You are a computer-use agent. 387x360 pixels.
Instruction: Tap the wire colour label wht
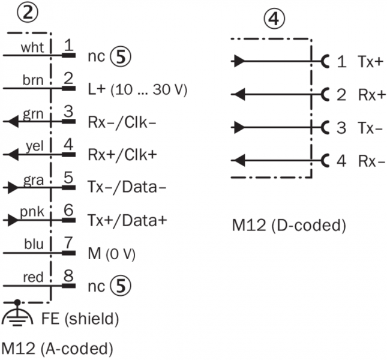(x=31, y=49)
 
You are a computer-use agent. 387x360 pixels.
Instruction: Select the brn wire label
(x=31, y=80)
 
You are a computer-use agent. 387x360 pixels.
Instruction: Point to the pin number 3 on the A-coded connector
(x=68, y=112)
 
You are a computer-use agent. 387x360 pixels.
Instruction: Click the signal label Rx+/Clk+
(x=122, y=154)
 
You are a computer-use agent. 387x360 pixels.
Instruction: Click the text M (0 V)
(x=112, y=253)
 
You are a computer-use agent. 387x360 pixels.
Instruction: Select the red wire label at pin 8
(x=32, y=275)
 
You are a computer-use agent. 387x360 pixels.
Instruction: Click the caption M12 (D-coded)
(x=290, y=227)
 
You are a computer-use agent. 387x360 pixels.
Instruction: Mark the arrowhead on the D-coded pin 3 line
(x=238, y=127)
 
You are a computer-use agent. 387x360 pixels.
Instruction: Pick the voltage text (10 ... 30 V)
(x=155, y=91)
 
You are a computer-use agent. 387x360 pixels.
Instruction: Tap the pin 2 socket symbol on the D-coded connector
(x=326, y=94)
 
